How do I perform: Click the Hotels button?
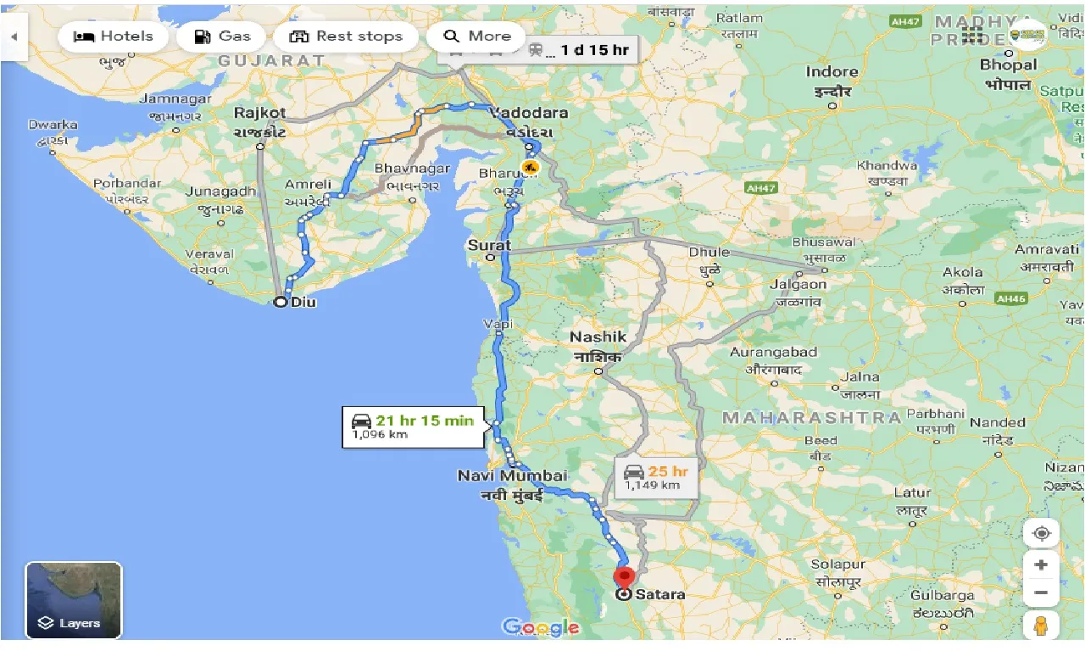tap(114, 36)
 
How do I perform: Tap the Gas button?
tap(222, 36)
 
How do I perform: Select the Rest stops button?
tap(345, 36)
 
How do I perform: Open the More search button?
tap(477, 36)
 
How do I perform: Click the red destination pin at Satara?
tap(624, 579)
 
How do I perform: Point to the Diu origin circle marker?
tap(281, 302)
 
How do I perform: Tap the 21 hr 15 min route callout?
tap(413, 426)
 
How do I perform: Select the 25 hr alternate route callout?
tap(657, 477)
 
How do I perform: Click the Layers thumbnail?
tap(74, 599)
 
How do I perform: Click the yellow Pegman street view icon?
tap(1041, 626)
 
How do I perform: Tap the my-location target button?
tap(1041, 533)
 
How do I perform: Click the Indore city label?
tap(832, 72)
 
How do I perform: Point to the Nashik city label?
tap(598, 337)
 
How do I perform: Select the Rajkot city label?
tap(259, 113)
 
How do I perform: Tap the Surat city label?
tap(490, 246)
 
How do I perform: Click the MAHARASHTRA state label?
tap(811, 417)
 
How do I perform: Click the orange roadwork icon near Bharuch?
tap(531, 168)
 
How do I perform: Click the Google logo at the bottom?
tap(542, 627)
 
